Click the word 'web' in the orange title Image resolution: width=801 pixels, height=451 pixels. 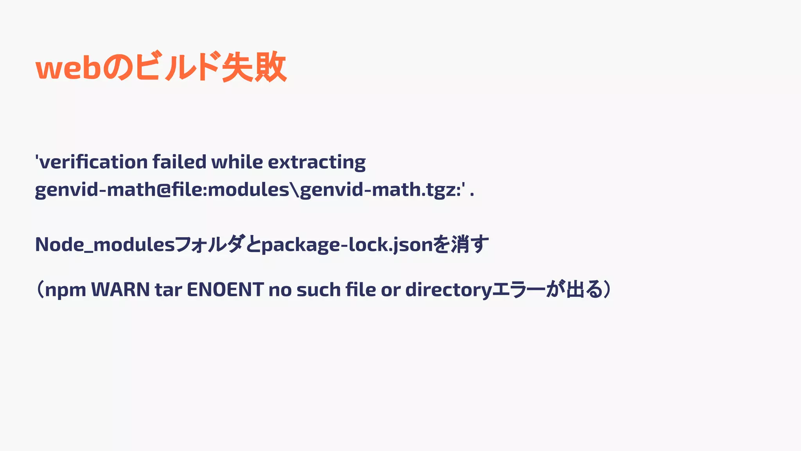click(68, 68)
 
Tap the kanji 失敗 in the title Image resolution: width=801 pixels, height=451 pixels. click(254, 67)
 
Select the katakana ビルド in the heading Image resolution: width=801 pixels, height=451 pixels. click(176, 67)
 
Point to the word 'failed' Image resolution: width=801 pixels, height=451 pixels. click(179, 162)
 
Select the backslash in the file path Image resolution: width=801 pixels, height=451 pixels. click(295, 190)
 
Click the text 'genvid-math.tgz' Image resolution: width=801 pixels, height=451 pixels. click(379, 190)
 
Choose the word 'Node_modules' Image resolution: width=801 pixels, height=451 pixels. click(105, 245)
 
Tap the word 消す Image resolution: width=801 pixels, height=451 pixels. click(469, 245)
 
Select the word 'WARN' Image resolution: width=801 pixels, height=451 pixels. click(120, 290)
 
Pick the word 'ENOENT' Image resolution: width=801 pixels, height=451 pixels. click(225, 290)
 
